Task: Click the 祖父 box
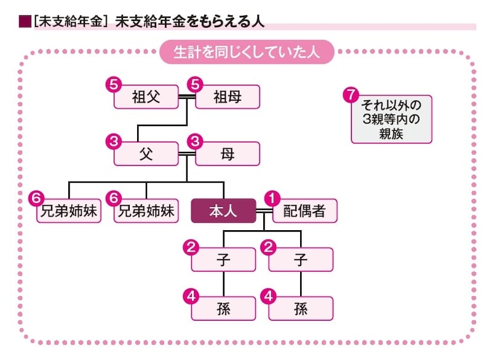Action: (x=146, y=97)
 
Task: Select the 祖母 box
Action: (x=228, y=97)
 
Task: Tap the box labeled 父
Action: (x=146, y=154)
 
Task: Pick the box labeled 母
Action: (x=228, y=154)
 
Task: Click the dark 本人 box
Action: (x=223, y=210)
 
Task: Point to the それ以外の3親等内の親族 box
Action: (x=391, y=118)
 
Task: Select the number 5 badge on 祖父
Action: (x=113, y=84)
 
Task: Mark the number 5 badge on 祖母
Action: (x=196, y=84)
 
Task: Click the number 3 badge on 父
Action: (x=113, y=141)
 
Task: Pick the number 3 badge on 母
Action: (x=196, y=141)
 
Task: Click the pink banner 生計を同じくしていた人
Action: (x=247, y=53)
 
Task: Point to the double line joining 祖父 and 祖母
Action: (x=186, y=97)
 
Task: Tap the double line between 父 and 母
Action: (x=186, y=153)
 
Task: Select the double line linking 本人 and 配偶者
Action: (x=263, y=210)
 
